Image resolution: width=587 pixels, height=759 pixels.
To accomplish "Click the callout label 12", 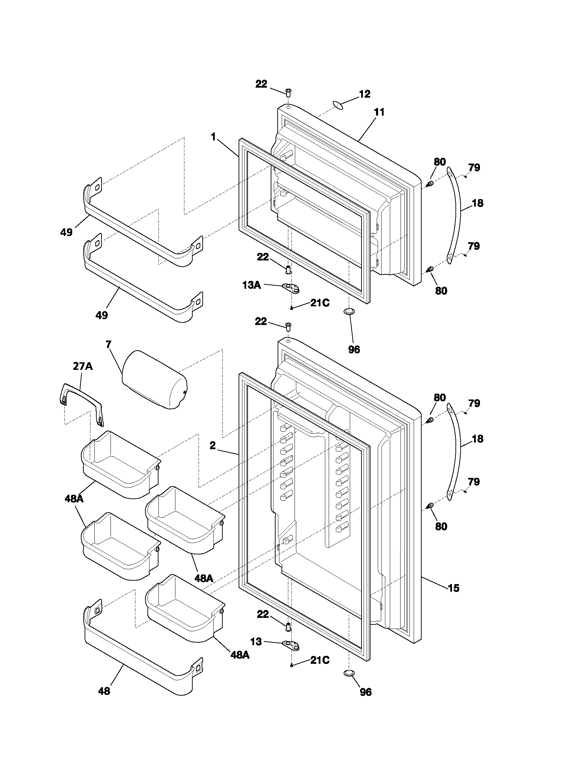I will point(364,94).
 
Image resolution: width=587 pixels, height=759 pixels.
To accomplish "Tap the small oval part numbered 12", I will point(338,105).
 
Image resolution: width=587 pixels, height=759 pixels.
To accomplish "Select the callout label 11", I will point(379,112).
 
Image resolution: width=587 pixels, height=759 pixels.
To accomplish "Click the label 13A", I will point(251,285).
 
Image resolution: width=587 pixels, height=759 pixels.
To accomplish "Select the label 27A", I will point(83,366).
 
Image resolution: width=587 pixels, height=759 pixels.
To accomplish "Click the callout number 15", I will point(453,588).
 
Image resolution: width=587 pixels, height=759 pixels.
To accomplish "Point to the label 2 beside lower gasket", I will point(212,445).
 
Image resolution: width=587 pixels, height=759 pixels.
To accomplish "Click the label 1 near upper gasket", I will point(213,137).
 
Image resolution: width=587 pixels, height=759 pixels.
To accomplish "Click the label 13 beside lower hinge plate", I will point(256,642).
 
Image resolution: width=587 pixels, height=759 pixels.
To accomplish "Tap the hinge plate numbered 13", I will point(291,645).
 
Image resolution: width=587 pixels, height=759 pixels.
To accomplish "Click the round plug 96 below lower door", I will point(349,673).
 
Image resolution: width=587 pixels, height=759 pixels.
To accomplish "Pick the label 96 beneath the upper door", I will point(354,349).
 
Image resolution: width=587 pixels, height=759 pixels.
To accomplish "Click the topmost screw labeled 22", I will point(288,92).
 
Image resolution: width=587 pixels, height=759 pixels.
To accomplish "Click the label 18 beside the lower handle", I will point(478,439).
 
